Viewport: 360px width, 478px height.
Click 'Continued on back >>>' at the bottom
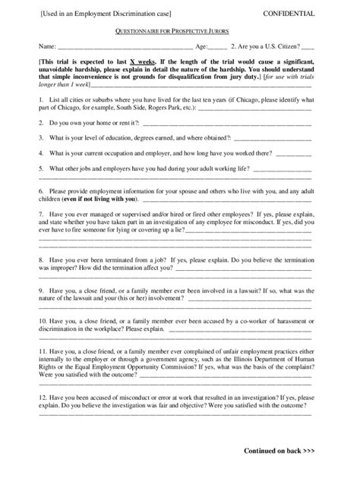click(279, 450)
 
